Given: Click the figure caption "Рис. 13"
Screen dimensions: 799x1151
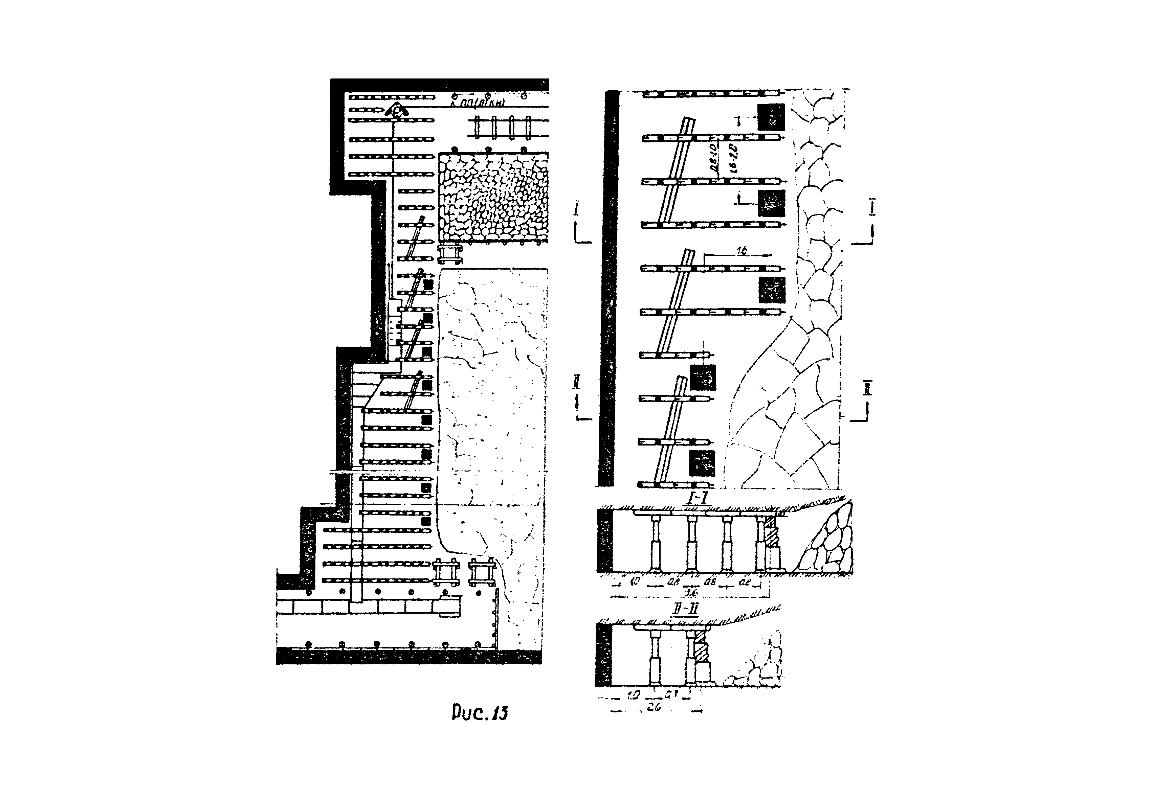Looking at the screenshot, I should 479,713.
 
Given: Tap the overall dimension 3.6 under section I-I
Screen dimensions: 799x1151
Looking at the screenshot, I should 691,593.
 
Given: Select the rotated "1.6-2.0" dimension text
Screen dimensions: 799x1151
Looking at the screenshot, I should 731,157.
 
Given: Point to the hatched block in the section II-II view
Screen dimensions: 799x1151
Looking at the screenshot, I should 702,649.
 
